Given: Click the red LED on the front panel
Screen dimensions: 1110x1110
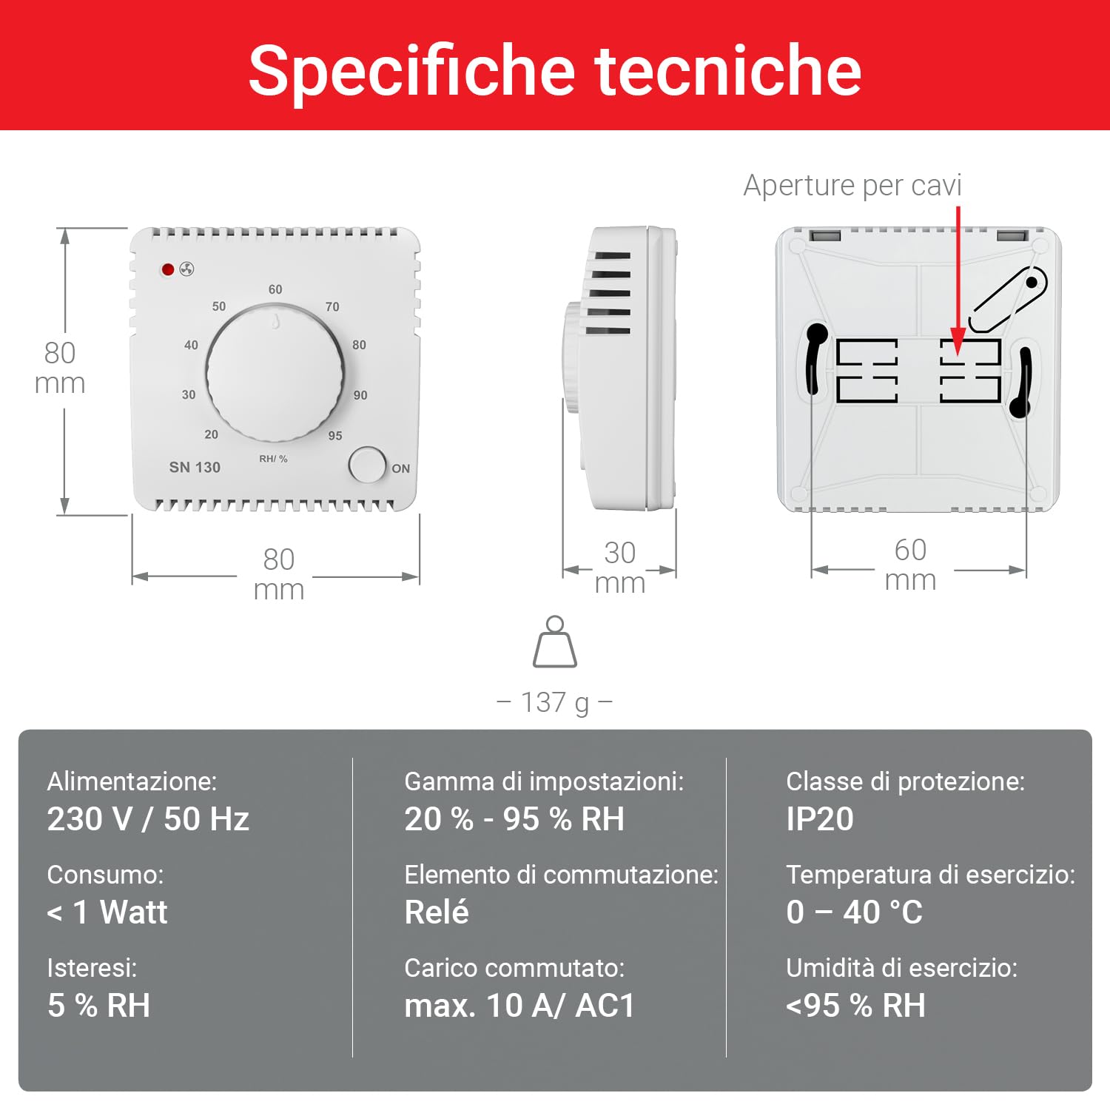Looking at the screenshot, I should (x=168, y=269).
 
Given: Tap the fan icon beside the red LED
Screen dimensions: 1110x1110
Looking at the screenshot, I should (x=186, y=269).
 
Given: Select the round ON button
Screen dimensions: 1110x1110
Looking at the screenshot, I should (x=367, y=465).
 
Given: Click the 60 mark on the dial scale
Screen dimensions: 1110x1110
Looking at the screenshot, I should (x=275, y=289).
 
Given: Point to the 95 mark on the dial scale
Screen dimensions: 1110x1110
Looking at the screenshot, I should (x=335, y=436).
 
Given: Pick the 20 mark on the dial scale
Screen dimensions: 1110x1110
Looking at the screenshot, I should (x=212, y=434).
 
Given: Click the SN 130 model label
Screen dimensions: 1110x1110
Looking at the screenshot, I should (x=195, y=467).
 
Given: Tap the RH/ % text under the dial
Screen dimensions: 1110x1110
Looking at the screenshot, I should (x=273, y=459).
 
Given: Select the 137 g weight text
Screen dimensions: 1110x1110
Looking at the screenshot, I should (x=555, y=702).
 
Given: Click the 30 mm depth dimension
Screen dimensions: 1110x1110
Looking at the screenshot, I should (x=620, y=567).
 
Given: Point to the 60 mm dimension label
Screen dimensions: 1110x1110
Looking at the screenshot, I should (x=910, y=564).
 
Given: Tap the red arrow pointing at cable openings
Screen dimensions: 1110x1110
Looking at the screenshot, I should (x=958, y=281).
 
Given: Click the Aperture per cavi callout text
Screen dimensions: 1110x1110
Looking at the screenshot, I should (x=852, y=185).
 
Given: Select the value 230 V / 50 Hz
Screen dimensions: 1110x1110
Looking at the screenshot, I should (x=148, y=819).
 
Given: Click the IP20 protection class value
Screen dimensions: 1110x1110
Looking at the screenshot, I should (x=820, y=819).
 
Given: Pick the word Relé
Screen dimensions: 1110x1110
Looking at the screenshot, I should (x=437, y=912).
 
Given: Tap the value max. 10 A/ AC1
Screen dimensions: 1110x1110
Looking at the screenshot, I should (x=519, y=1006).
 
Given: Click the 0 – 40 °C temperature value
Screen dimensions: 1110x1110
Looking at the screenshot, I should (x=855, y=912).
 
